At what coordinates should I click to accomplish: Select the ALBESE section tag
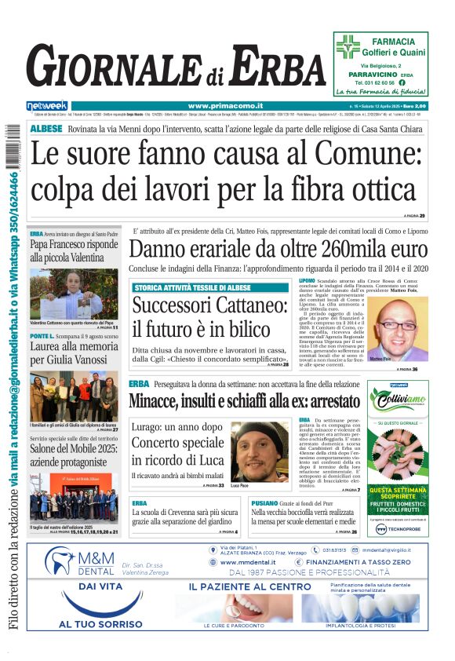(x=46, y=128)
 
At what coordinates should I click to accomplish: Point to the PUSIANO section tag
(x=264, y=502)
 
